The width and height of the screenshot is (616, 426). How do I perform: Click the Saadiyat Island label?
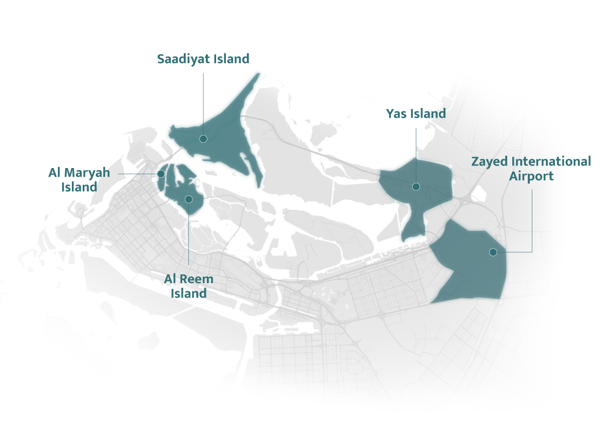point(203,59)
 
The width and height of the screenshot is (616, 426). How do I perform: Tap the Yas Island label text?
point(416,114)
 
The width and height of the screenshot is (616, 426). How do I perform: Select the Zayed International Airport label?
point(531,169)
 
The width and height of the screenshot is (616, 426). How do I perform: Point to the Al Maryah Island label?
point(79,180)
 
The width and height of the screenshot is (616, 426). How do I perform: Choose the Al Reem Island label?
point(188,286)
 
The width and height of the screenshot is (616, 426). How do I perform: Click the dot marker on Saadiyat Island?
point(203,139)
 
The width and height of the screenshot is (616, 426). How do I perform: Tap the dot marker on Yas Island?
point(416,187)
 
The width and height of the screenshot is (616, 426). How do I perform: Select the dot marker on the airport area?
point(493,252)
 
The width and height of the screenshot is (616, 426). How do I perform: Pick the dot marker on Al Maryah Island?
point(161,174)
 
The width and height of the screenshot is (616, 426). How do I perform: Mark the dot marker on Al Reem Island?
point(188,199)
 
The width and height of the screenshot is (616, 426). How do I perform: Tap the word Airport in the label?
point(531,176)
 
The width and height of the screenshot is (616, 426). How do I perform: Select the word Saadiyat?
point(183,59)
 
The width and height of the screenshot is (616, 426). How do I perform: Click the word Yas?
point(397,114)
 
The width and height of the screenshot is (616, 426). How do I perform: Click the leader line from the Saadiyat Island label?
point(203,103)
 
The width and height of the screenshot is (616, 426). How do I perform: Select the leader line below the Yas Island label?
point(416,154)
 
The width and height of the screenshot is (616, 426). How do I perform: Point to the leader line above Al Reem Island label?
point(188,236)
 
